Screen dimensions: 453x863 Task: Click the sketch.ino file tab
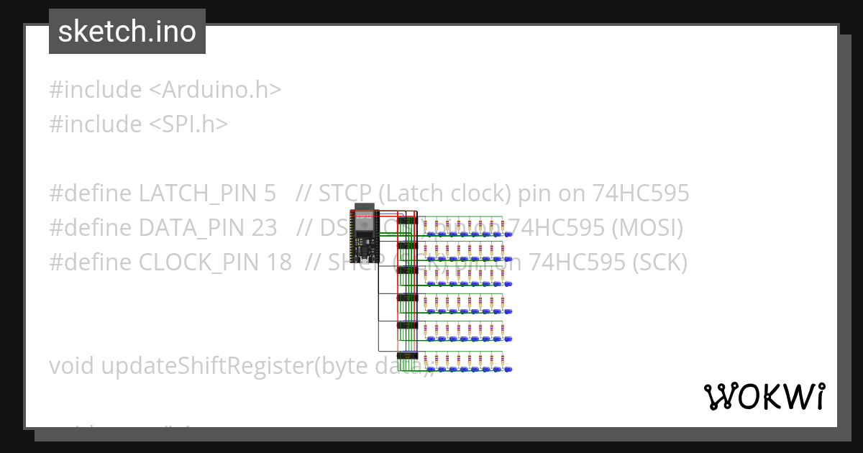coord(127,32)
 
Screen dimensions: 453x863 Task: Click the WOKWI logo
coord(764,396)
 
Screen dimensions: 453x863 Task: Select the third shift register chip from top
coord(407,270)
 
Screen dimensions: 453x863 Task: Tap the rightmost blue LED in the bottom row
coord(508,369)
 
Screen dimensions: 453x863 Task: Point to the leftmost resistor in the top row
coord(426,224)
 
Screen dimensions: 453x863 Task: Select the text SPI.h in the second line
coord(191,124)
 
